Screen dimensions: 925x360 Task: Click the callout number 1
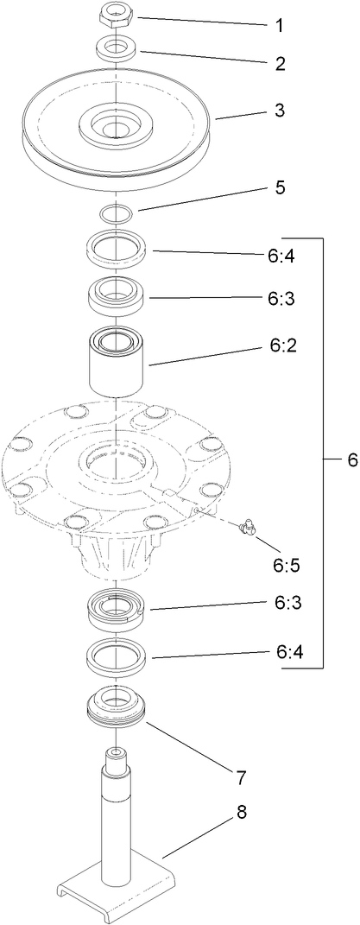(x=279, y=26)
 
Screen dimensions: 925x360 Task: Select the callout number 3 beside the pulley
(x=279, y=111)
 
